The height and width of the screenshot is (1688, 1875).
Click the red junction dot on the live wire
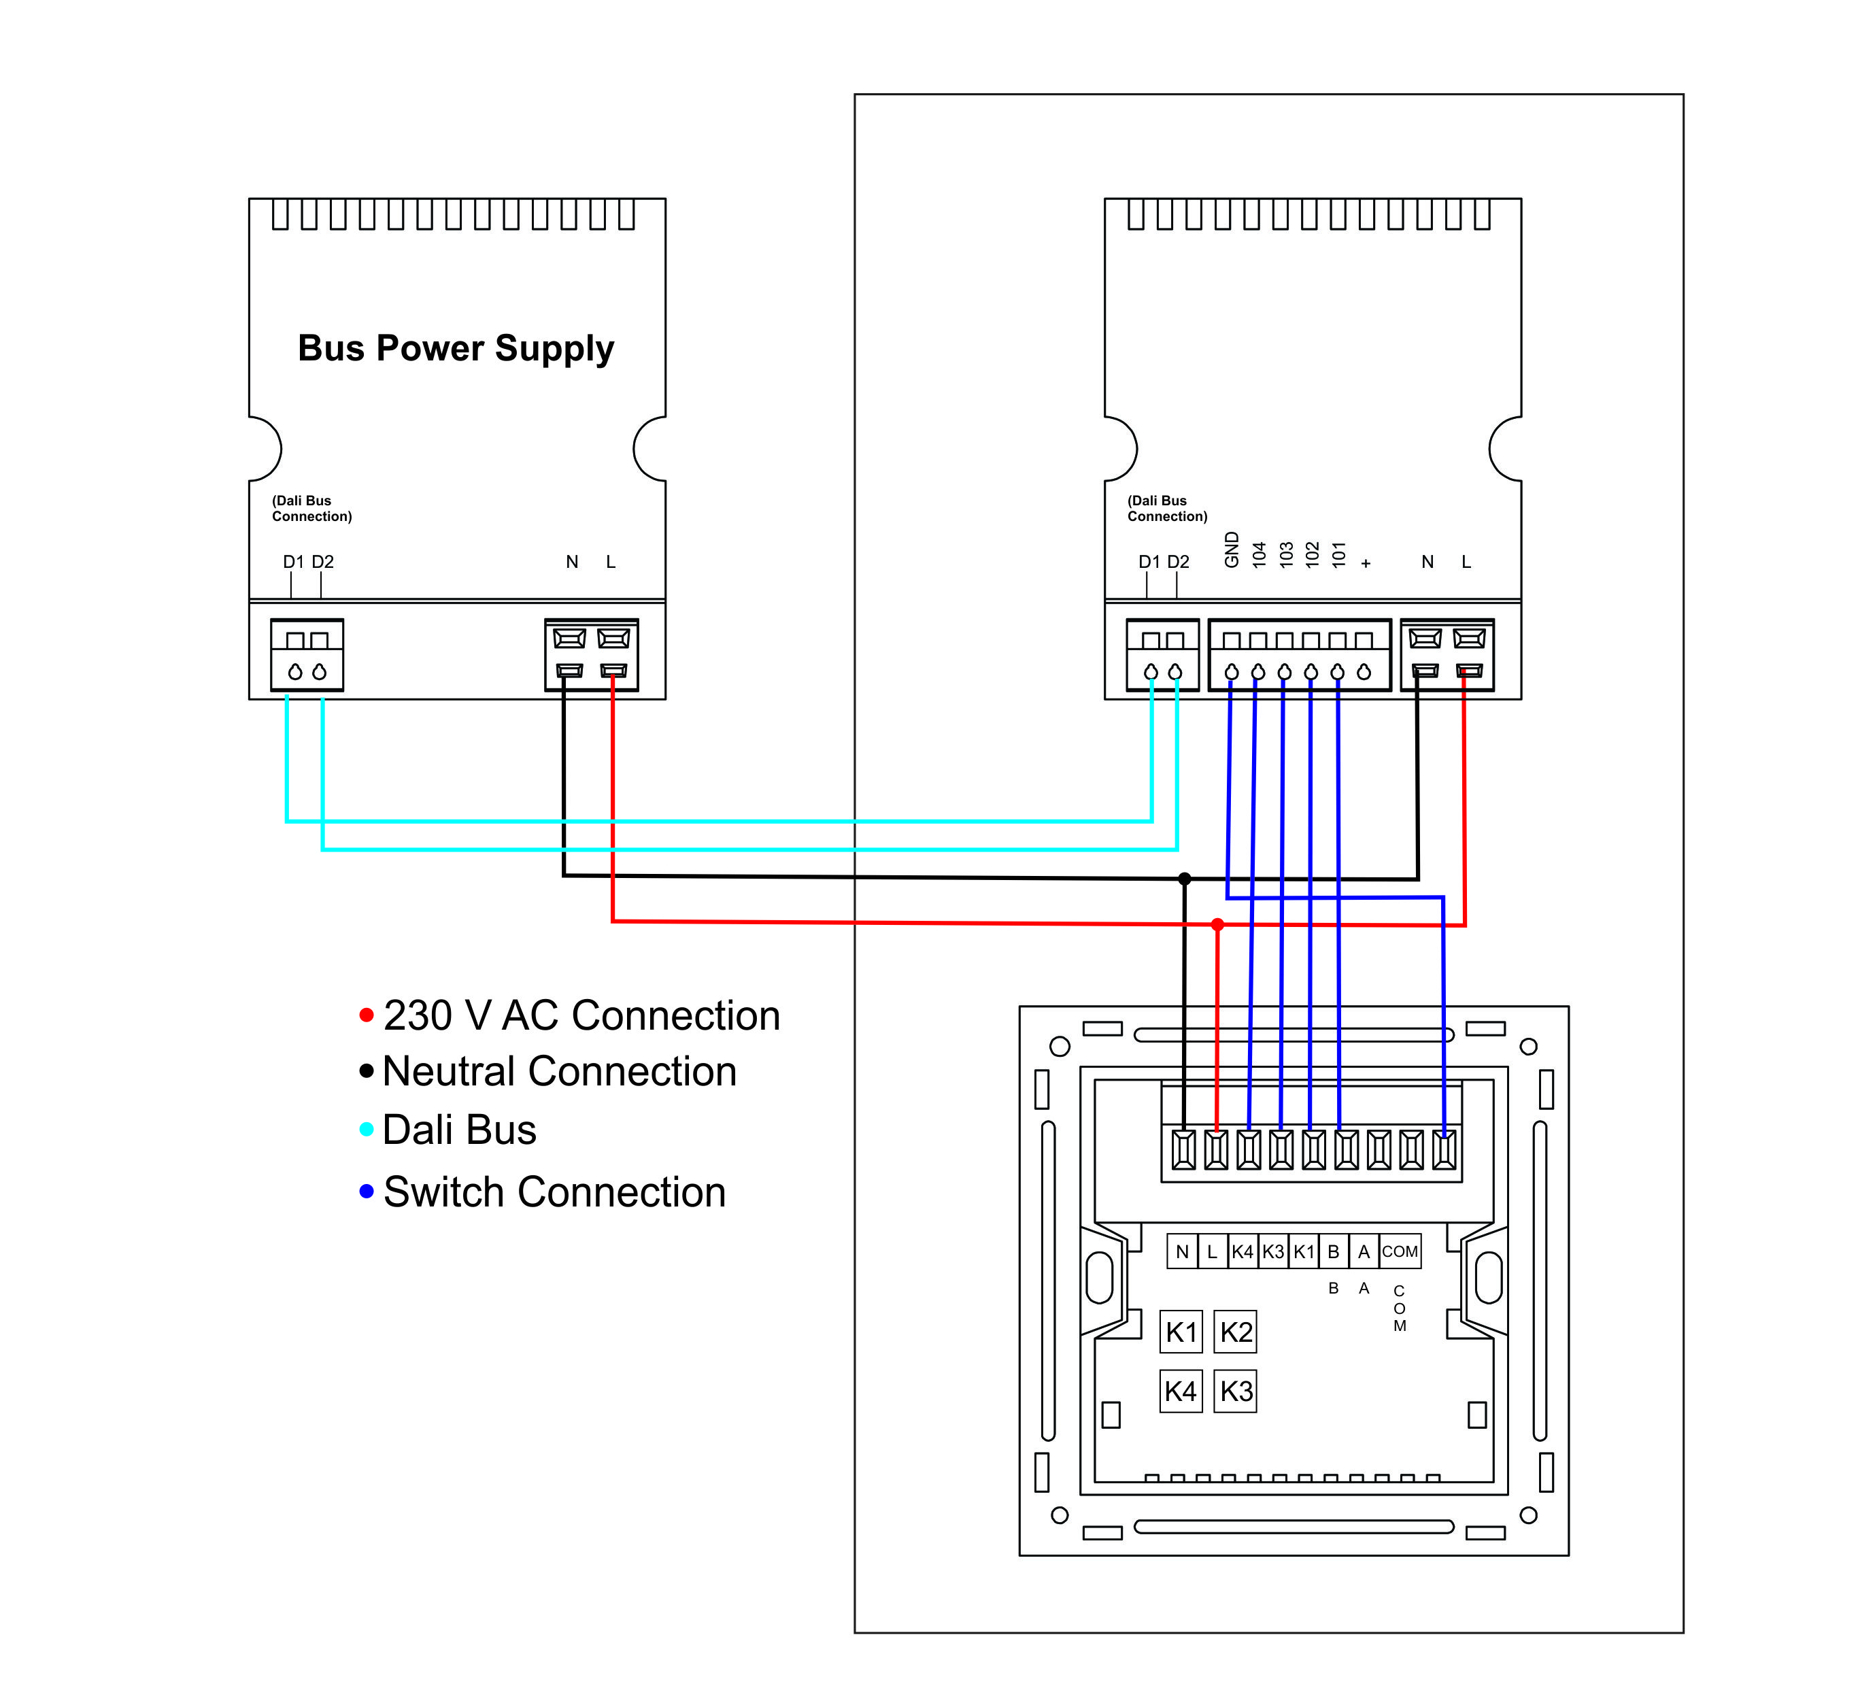pyautogui.click(x=1217, y=925)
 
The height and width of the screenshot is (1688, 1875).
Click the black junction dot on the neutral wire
pyautogui.click(x=1184, y=878)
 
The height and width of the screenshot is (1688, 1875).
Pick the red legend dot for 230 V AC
pyautogui.click(x=367, y=1015)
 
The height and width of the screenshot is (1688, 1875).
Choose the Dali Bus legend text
pyautogui.click(x=459, y=1130)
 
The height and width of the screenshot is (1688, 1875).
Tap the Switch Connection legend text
pyautogui.click(x=554, y=1192)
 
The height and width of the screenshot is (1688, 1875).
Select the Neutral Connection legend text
pyautogui.click(x=559, y=1071)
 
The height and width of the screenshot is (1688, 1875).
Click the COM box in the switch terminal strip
pyautogui.click(x=1400, y=1251)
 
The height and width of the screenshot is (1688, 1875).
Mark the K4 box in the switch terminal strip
pyautogui.click(x=1243, y=1251)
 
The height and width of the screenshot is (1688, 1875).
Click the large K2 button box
pyautogui.click(x=1236, y=1332)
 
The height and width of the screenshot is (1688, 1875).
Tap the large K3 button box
pyautogui.click(x=1236, y=1391)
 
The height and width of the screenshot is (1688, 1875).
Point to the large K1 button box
pyautogui.click(x=1181, y=1332)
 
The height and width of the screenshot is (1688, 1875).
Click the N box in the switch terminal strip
pyautogui.click(x=1182, y=1251)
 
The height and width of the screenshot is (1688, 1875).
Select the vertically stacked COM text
pyautogui.click(x=1400, y=1308)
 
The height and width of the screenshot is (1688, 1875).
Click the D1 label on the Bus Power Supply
pyautogui.click(x=293, y=562)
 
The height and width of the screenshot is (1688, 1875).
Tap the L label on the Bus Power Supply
pyautogui.click(x=610, y=562)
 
